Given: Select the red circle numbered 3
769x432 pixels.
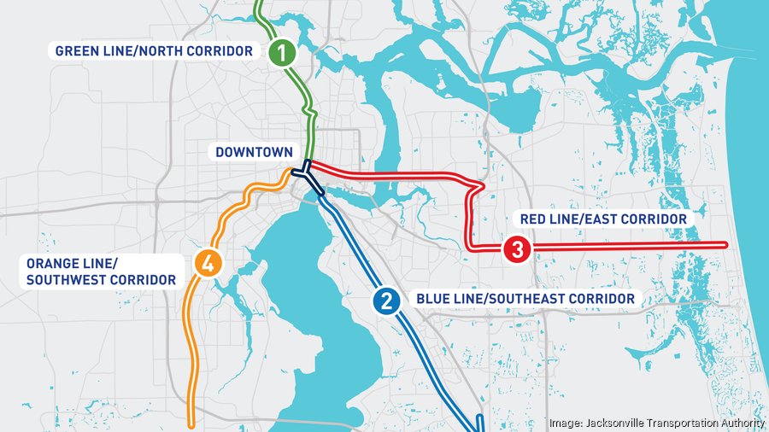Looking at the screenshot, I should [x=518, y=249].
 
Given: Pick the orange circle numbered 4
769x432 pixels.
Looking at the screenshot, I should [x=207, y=262].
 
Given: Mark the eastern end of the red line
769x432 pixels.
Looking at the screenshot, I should [x=725, y=246].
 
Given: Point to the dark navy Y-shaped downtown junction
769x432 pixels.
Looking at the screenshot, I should [x=303, y=175].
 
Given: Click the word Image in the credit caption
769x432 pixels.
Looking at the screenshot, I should [x=565, y=423].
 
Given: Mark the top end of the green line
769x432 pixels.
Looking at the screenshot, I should [x=259, y=3].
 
